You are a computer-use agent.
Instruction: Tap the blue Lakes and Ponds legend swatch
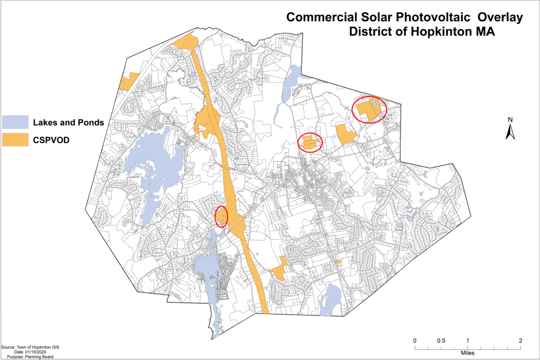(16, 122)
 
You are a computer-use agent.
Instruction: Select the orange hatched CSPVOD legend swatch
(16, 140)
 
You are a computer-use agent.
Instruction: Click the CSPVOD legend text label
(52, 140)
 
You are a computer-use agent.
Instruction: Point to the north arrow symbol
(511, 132)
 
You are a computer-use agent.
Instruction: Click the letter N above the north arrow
(511, 120)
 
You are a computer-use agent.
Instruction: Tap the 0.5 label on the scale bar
(441, 340)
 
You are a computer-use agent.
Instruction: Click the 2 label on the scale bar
(521, 340)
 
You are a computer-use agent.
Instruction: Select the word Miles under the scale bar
(468, 353)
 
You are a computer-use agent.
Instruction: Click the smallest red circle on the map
(221, 216)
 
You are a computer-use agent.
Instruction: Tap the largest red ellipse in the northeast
(369, 109)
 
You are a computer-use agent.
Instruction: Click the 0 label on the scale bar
(415, 340)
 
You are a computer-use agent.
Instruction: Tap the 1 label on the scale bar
(468, 340)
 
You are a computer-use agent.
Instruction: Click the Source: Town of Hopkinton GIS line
(26, 347)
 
